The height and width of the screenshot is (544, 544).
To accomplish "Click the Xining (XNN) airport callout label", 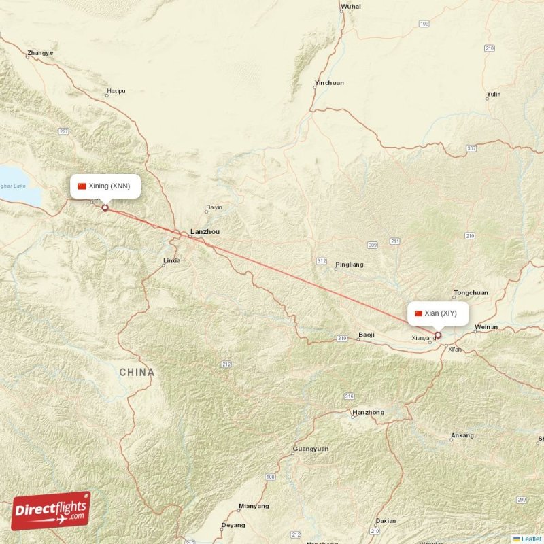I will click(x=105, y=186).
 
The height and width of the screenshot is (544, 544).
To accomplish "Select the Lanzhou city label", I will click(x=205, y=232).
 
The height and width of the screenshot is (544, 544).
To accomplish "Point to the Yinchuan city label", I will click(x=329, y=83).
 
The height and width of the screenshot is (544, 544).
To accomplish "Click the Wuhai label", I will click(x=351, y=6).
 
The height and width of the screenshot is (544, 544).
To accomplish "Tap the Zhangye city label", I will click(x=40, y=53).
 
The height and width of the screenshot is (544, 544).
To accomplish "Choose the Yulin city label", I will click(x=494, y=95).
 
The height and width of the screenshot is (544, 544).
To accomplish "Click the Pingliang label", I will click(x=350, y=265).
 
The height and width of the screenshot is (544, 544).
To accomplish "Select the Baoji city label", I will click(x=367, y=335).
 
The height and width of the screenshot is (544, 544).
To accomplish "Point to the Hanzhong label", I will click(x=368, y=413).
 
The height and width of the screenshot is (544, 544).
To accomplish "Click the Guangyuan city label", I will click(x=310, y=449).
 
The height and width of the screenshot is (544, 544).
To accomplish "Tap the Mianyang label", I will click(x=254, y=506).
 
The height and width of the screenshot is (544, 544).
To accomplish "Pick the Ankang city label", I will click(x=462, y=435).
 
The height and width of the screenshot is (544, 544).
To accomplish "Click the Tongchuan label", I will click(x=471, y=293).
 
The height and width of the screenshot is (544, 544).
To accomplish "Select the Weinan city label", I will click(x=486, y=327).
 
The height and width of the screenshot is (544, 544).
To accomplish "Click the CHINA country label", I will click(x=137, y=373).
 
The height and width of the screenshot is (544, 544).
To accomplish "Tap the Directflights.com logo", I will click(x=51, y=510).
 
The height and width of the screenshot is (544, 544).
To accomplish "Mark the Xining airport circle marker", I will click(x=105, y=207).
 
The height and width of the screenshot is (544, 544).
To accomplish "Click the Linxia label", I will click(x=172, y=260).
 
